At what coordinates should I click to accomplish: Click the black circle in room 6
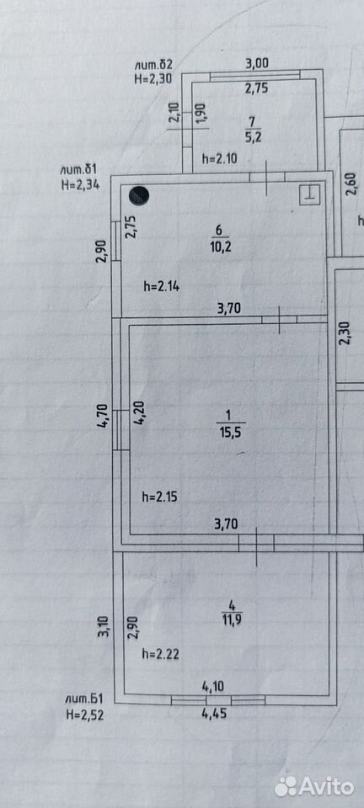point(139,195)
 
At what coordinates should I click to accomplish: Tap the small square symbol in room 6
point(309,194)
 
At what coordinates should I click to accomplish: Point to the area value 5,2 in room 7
point(252,137)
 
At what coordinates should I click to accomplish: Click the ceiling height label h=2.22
point(160,655)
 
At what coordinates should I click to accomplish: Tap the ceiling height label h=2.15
point(160,497)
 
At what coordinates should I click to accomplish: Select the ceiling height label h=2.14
point(162,287)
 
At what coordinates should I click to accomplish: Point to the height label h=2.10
point(219,159)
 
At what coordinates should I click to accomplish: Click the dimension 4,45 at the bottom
point(215,714)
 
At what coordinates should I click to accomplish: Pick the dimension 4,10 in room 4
point(213,687)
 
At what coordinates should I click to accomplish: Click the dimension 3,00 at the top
point(256,64)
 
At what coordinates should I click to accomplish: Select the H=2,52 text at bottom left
point(85,715)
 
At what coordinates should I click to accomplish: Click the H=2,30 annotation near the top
point(153,78)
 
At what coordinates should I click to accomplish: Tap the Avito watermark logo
point(314,786)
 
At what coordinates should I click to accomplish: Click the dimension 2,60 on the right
point(351,184)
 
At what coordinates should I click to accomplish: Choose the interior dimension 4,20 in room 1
point(140,412)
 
